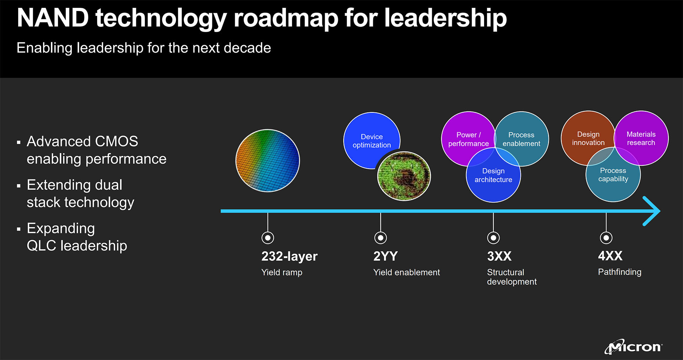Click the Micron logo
634,347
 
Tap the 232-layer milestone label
289,256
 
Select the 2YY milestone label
385,256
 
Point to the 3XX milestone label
499,256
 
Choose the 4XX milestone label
610,256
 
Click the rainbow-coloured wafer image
268,160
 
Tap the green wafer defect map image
404,176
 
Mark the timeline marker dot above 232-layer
268,238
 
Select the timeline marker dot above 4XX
606,238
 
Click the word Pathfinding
620,272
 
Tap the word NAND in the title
53,18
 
